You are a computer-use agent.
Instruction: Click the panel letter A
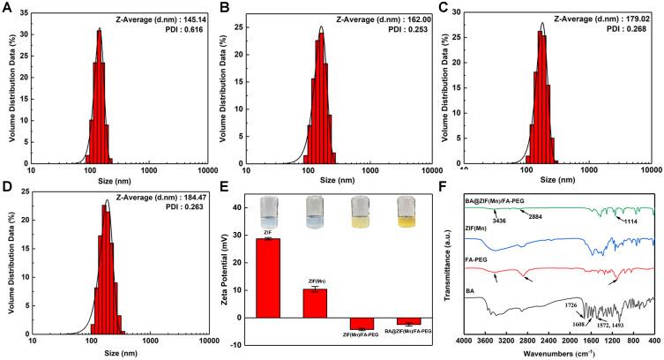9,9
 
